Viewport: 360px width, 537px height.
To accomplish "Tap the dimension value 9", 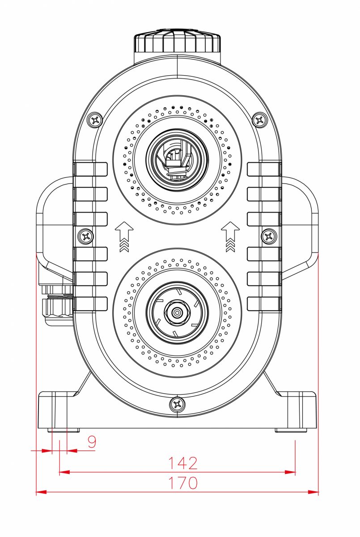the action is coord(92,442).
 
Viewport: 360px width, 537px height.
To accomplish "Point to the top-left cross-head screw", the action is coord(95,119).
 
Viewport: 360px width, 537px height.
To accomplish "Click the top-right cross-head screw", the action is coord(260,119).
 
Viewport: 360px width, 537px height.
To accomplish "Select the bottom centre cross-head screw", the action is coord(177,405).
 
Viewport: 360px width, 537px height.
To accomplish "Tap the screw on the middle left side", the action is coord(86,237).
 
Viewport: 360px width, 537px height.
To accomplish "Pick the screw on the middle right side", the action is coord(269,237).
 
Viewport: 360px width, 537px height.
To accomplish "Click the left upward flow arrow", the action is coord(124,237).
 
